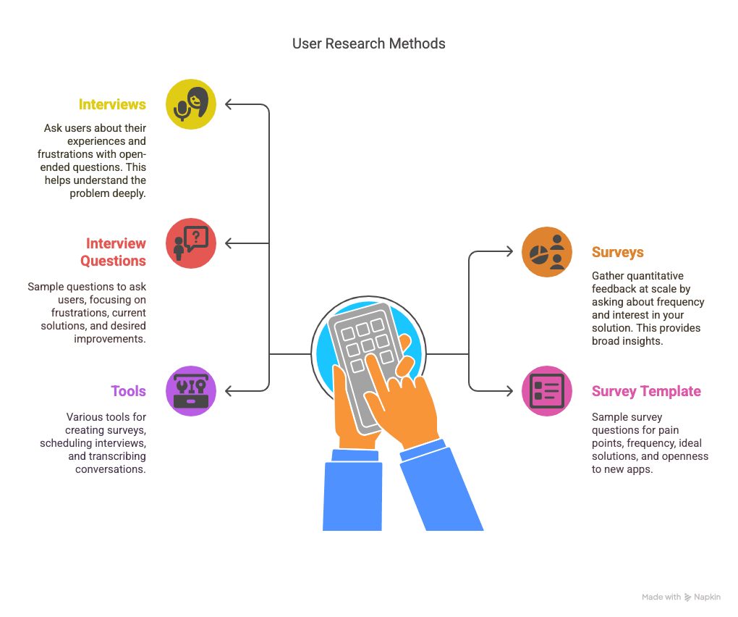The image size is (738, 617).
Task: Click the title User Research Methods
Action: (x=368, y=43)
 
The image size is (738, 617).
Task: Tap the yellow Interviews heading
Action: (x=112, y=104)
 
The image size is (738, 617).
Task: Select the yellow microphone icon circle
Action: (x=191, y=104)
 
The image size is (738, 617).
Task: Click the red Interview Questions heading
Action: (x=113, y=252)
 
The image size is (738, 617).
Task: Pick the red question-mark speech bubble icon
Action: (x=191, y=243)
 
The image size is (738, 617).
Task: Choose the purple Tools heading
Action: (x=129, y=391)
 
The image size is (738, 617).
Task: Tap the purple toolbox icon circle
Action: (x=191, y=391)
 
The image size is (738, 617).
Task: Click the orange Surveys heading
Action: (x=617, y=252)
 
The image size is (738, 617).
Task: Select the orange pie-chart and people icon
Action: (x=547, y=252)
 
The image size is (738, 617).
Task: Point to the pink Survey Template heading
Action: (x=646, y=391)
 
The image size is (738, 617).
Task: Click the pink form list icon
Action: (x=547, y=391)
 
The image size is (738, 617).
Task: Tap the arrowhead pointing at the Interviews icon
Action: (x=228, y=104)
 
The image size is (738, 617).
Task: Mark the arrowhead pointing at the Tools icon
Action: (x=228, y=391)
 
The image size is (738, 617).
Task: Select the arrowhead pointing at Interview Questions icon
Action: (x=228, y=243)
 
